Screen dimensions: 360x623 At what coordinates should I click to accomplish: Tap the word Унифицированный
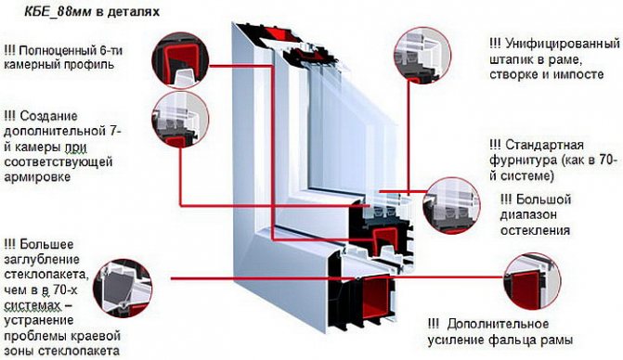(563, 44)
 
